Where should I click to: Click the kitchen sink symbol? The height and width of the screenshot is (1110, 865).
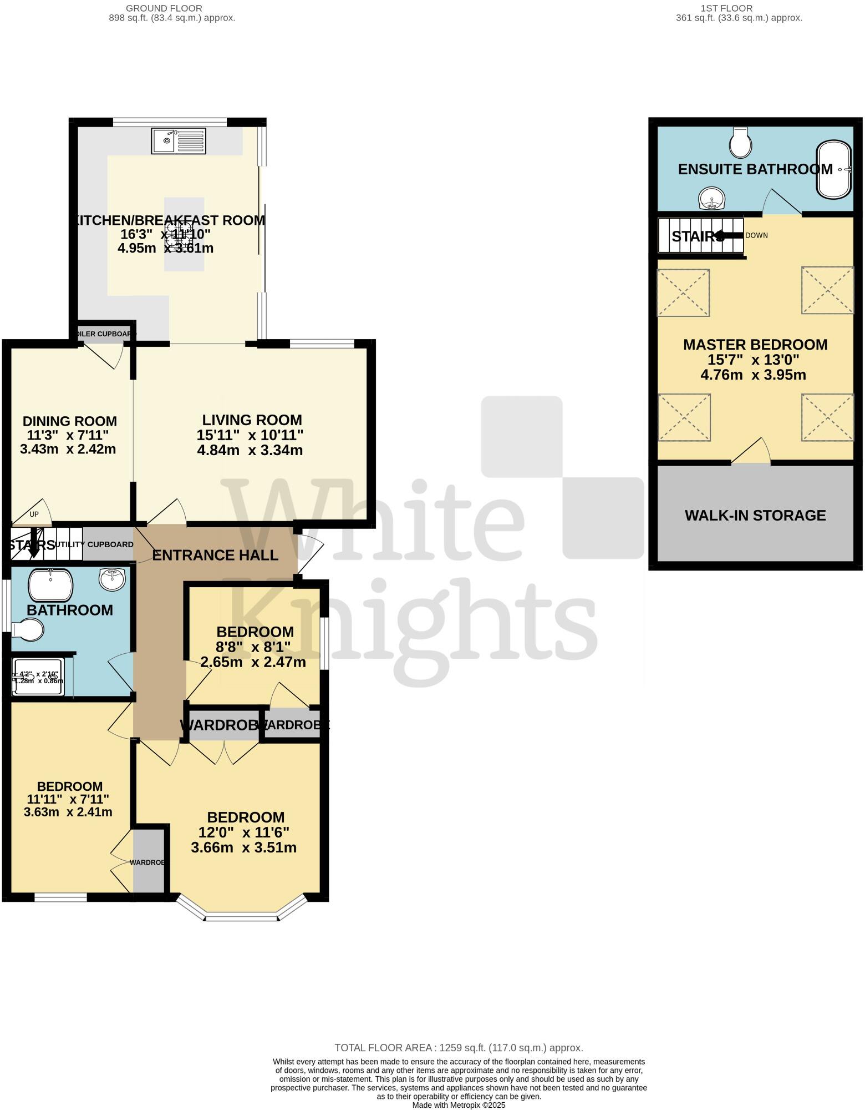tap(178, 141)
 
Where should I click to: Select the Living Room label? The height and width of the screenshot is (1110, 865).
tap(252, 420)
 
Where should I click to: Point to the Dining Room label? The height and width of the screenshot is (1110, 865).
tap(70, 421)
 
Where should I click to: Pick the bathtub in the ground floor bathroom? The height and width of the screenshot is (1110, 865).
tap(50, 584)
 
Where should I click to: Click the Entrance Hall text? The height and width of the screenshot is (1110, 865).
tap(215, 555)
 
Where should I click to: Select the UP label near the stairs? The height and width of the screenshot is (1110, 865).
tap(34, 514)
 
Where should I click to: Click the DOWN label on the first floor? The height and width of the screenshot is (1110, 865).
tap(756, 235)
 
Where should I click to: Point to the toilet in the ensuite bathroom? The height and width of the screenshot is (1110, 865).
tap(740, 143)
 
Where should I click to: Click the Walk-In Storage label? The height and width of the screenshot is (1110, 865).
tap(755, 516)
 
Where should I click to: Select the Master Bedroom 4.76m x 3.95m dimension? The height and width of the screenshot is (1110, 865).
tap(753, 375)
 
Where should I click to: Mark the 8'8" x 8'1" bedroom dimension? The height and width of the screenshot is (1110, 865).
tap(253, 647)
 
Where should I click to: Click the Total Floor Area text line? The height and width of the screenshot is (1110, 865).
tap(459, 1048)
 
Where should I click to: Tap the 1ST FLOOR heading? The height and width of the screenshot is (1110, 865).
tap(726, 8)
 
